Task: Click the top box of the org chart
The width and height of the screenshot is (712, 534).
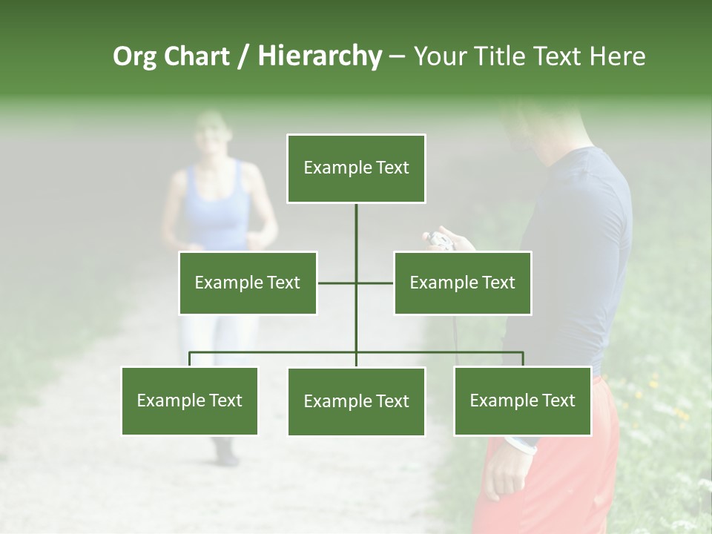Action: click(x=356, y=168)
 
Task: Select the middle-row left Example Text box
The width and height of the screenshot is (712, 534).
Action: click(x=248, y=283)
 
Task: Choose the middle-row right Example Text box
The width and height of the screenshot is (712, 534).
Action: click(x=462, y=283)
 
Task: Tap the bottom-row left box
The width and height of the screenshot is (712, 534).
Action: click(x=189, y=400)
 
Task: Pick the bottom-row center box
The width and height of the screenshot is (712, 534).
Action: click(x=356, y=401)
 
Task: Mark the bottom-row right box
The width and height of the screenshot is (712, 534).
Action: click(x=522, y=400)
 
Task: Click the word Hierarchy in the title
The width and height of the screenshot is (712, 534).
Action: click(x=320, y=56)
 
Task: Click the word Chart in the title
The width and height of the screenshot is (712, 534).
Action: click(x=197, y=56)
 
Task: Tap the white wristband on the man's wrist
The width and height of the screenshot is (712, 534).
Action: click(x=521, y=444)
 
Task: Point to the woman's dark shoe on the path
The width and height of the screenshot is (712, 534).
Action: click(x=225, y=452)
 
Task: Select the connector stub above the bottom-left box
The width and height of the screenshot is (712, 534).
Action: click(x=189, y=359)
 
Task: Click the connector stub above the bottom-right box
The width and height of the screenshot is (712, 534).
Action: click(x=523, y=359)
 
